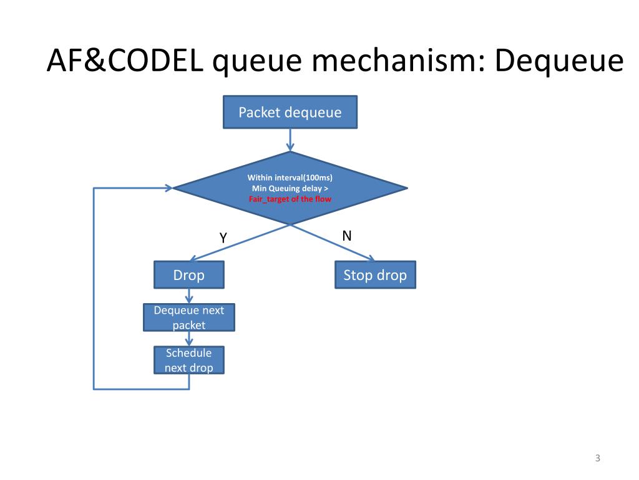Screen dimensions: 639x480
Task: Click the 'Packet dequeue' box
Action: (290, 112)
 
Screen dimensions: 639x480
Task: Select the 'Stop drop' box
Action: (375, 275)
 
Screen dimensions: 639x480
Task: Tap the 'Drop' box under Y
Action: (189, 275)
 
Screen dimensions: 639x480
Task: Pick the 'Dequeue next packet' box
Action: (189, 317)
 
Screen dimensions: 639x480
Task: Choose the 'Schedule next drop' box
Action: (189, 360)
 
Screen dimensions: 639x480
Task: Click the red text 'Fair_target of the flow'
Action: (290, 199)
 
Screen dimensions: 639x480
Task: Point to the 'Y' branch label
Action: (223, 237)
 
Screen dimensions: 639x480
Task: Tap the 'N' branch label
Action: (347, 236)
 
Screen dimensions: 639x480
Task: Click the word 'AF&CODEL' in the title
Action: (125, 61)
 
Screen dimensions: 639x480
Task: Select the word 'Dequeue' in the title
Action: (559, 61)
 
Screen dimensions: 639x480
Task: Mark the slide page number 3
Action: (598, 458)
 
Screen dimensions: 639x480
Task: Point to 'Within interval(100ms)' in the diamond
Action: (290, 177)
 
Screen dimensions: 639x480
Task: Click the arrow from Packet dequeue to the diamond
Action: (290, 140)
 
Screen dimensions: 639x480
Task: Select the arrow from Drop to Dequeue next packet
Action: (189, 296)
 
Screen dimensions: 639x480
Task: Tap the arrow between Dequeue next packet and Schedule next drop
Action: (189, 339)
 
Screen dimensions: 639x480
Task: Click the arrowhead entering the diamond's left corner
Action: (168, 188)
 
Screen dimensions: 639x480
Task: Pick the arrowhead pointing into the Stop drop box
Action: (370, 258)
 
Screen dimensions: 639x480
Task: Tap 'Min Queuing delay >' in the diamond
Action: (290, 188)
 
